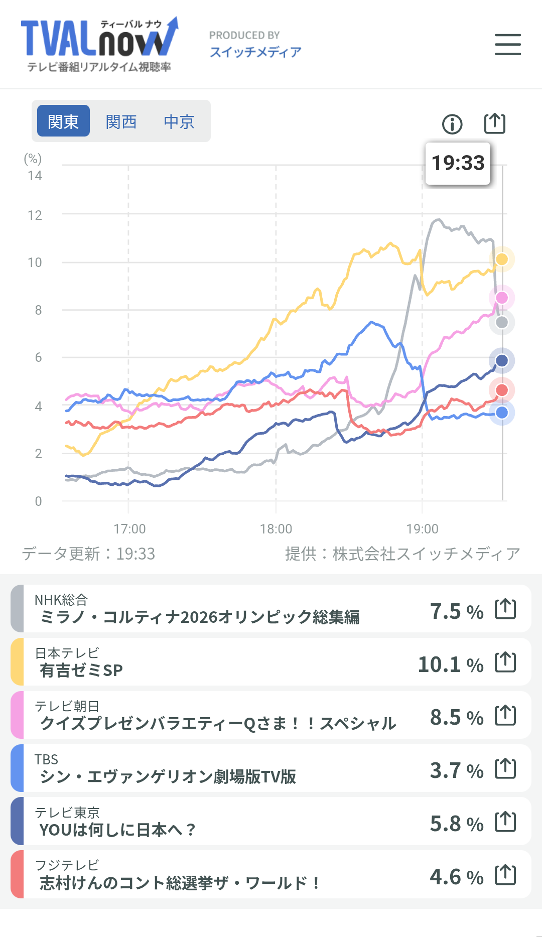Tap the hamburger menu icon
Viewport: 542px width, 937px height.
pos(507,44)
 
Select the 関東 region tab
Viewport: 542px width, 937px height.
pos(63,121)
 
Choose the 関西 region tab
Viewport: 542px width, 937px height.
pos(121,121)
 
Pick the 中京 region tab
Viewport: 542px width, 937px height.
pos(179,121)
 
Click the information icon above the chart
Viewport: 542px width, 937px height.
pos(452,124)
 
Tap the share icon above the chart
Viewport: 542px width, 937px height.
pos(494,123)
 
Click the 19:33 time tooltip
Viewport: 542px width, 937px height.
pos(458,163)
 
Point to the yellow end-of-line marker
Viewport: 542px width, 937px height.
pos(502,259)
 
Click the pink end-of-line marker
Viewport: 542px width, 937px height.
pos(502,298)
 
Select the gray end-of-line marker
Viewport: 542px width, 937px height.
pos(502,322)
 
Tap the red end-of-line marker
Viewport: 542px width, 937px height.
pos(502,390)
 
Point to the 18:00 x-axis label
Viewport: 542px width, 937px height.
pos(276,529)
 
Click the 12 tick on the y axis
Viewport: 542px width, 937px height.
pos(35,215)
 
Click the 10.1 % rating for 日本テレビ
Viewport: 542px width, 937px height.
pos(451,664)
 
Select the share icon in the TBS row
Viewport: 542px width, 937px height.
pos(505,768)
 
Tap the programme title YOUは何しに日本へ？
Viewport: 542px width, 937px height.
pos(117,830)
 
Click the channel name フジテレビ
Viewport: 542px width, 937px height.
pos(67,865)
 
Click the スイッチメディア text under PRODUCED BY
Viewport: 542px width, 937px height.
pos(255,52)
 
